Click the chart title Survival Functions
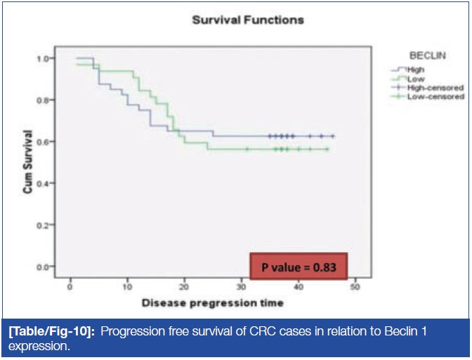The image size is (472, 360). [x=248, y=20]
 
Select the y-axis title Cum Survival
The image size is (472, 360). [x=29, y=161]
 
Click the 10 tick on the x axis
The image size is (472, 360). [x=127, y=288]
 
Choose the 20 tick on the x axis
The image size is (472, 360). [x=184, y=288]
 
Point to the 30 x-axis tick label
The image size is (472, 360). [x=241, y=288]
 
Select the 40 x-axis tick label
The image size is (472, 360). [x=298, y=288]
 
